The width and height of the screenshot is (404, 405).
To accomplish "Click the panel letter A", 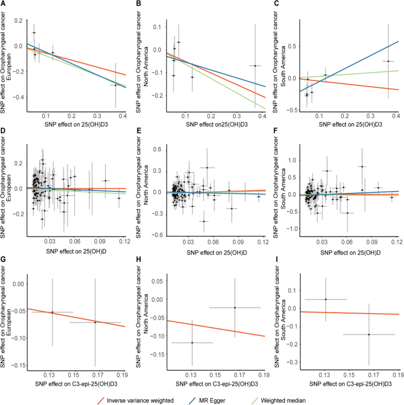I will (4, 5).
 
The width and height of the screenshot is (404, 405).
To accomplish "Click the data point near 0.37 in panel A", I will (116, 85).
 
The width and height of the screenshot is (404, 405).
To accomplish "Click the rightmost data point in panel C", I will (388, 61).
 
